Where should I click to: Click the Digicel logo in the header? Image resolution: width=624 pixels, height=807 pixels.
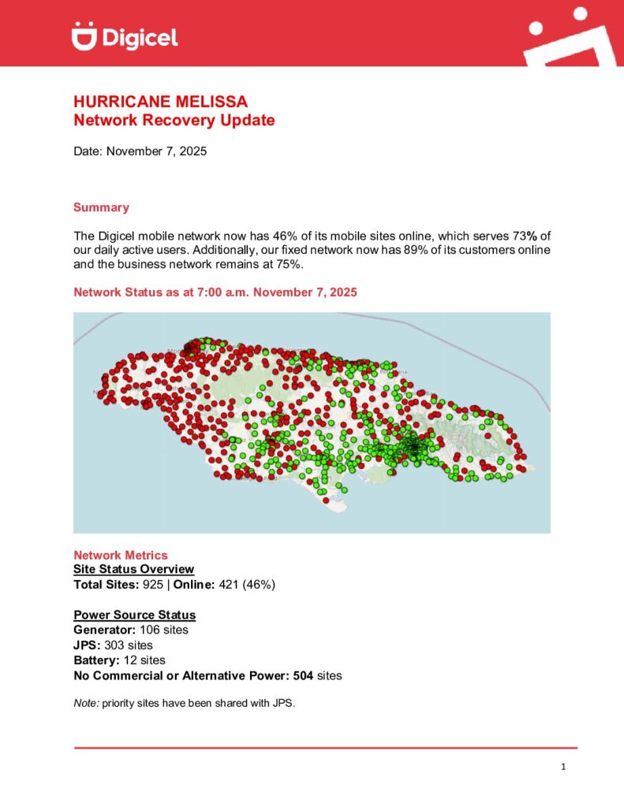pos(125,35)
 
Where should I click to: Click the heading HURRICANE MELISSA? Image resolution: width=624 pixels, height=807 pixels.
pos(160,102)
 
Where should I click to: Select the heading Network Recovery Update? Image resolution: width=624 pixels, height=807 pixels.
pos(174,121)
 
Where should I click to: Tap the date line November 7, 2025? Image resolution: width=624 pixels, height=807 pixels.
pos(140,151)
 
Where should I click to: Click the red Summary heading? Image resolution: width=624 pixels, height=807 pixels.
pos(101,207)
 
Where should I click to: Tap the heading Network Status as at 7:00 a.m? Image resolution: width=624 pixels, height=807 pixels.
pos(215,292)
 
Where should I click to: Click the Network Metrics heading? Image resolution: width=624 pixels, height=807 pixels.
pos(121,556)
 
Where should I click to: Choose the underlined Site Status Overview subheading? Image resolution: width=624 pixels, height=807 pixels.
pos(133,569)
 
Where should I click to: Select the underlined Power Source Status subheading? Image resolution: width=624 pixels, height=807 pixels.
pos(135,615)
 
